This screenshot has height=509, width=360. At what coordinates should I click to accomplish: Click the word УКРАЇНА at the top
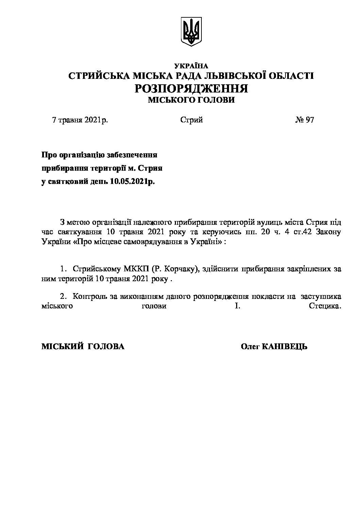pyautogui.click(x=191, y=66)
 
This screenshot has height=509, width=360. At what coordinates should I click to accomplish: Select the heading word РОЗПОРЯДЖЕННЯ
pyautogui.click(x=191, y=88)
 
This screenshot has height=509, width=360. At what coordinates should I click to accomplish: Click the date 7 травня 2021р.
pyautogui.click(x=80, y=120)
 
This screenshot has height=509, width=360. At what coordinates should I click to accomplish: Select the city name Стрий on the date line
pyautogui.click(x=192, y=120)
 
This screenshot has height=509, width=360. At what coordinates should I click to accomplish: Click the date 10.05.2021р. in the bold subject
pyautogui.click(x=132, y=182)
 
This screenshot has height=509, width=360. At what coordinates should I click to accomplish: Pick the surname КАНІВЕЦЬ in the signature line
pyautogui.click(x=285, y=346)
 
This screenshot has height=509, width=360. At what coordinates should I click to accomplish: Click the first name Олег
pyautogui.click(x=251, y=346)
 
